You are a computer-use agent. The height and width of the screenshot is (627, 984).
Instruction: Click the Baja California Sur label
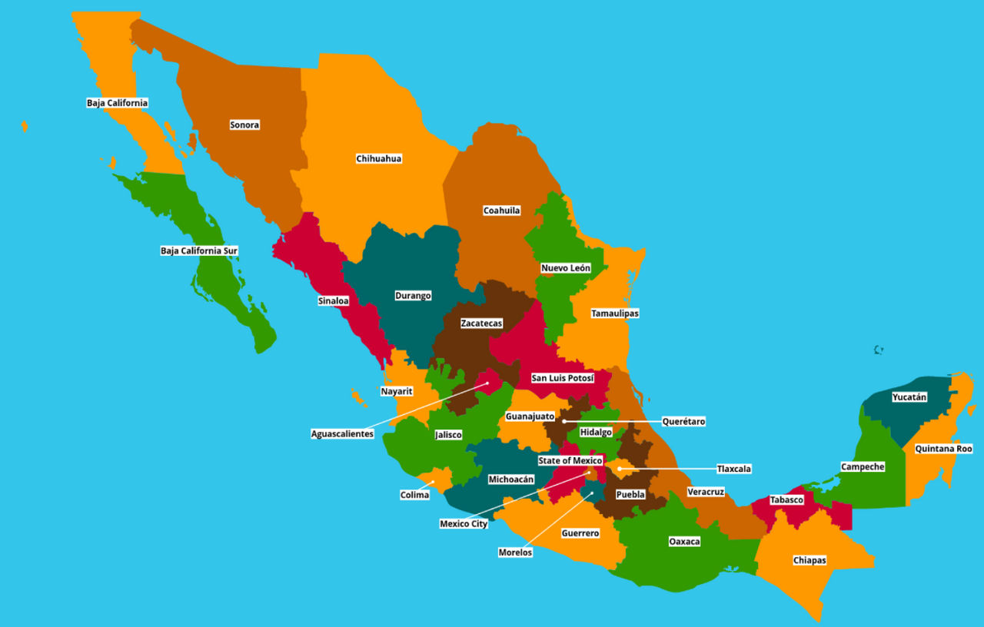click(x=199, y=250)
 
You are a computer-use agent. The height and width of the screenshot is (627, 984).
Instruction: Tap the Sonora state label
click(x=244, y=124)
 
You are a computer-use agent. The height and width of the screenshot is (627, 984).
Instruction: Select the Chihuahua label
click(x=378, y=158)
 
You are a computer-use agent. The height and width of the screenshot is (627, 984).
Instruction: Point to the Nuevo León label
click(x=565, y=268)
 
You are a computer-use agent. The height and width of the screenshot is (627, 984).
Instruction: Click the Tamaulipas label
click(x=614, y=313)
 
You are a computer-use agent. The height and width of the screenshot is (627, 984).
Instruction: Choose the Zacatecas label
click(x=481, y=323)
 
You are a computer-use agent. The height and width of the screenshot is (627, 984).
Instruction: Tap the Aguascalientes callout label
click(x=342, y=433)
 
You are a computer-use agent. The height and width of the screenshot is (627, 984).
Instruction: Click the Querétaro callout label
click(x=683, y=421)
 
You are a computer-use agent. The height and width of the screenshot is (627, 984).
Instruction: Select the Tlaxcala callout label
click(x=733, y=468)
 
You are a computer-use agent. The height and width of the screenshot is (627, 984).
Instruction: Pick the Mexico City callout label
click(x=464, y=524)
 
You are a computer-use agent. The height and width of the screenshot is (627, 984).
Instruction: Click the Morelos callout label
click(x=515, y=552)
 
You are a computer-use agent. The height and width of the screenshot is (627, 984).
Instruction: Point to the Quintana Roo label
click(x=943, y=448)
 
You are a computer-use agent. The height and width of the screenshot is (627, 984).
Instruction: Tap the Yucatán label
click(x=909, y=397)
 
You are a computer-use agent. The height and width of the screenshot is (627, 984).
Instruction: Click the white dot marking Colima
click(x=432, y=483)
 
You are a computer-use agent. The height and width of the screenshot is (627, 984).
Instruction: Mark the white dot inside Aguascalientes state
click(x=487, y=383)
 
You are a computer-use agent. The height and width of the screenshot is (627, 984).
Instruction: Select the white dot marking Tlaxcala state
click(x=620, y=468)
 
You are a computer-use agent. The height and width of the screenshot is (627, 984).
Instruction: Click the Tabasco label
click(x=786, y=499)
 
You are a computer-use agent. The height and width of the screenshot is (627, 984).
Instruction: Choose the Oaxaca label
click(x=684, y=541)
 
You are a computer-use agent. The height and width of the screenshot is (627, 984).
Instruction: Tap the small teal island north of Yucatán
click(x=879, y=350)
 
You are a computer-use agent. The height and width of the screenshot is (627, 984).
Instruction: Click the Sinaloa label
click(x=333, y=300)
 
